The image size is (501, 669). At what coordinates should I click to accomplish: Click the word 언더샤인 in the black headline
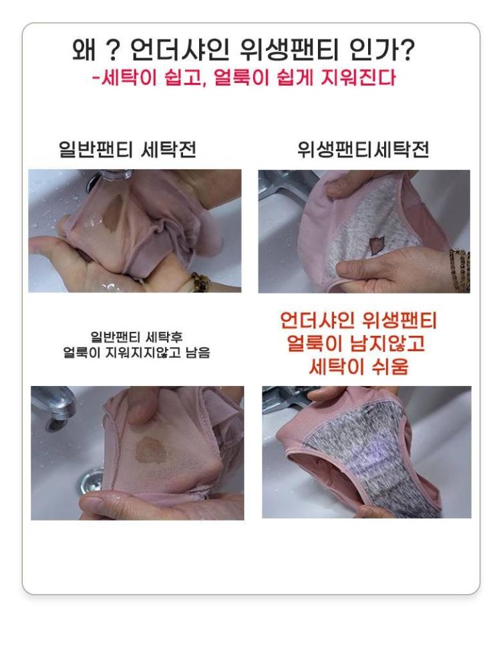pos(179,50)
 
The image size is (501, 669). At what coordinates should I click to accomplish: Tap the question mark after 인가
pos(407,50)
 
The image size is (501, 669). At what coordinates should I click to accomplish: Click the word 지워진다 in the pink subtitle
pos(358,78)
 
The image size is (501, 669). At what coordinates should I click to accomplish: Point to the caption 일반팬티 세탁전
pos(128,149)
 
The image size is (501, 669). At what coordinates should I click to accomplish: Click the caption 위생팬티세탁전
pos(363,149)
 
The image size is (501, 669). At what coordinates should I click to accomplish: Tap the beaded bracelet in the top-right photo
pos(460,270)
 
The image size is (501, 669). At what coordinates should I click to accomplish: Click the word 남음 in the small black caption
pos(198,353)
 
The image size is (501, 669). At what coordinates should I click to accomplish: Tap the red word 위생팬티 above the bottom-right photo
pos(399,321)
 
